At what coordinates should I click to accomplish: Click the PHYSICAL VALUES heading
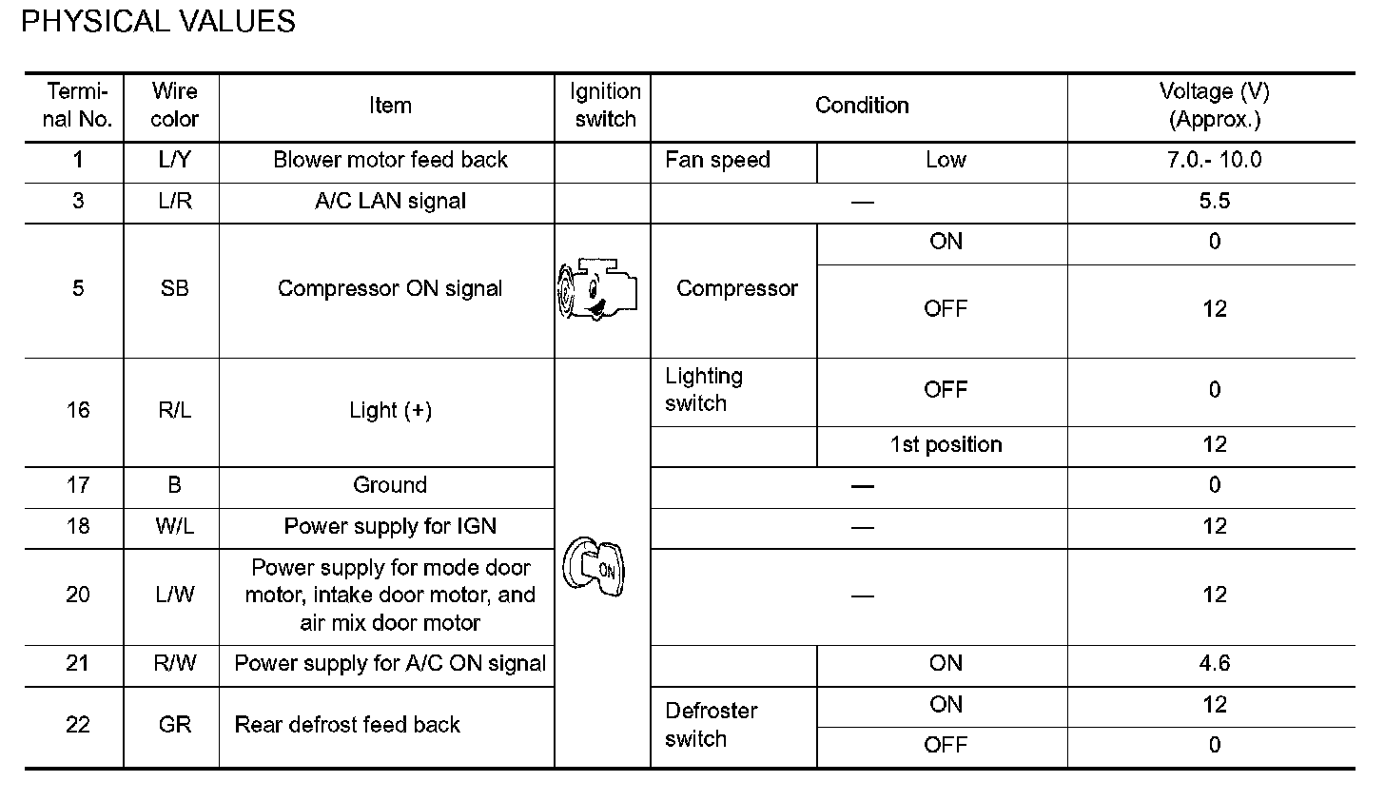pyautogui.click(x=158, y=22)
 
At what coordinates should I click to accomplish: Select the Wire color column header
pyautogui.click(x=174, y=106)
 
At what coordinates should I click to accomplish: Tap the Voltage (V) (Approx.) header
pyautogui.click(x=1214, y=106)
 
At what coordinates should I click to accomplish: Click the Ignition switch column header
pyautogui.click(x=605, y=106)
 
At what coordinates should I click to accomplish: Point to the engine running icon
pyautogui.click(x=596, y=291)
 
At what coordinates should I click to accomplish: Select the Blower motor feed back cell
pyautogui.click(x=390, y=160)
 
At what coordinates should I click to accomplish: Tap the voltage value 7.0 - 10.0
pyautogui.click(x=1214, y=160)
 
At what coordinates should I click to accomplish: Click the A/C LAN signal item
pyautogui.click(x=390, y=202)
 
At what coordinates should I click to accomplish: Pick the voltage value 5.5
pyautogui.click(x=1215, y=202)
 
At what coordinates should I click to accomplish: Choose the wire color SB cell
pyautogui.click(x=174, y=289)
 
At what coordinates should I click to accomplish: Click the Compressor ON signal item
pyautogui.click(x=390, y=289)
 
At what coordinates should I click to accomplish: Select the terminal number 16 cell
pyautogui.click(x=78, y=410)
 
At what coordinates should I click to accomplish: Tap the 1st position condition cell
pyautogui.click(x=946, y=445)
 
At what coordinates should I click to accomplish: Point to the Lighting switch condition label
pyautogui.click(x=704, y=390)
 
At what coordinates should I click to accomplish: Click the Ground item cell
pyautogui.click(x=390, y=485)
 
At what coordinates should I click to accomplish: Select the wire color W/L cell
pyautogui.click(x=174, y=527)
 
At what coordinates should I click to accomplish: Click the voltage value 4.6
pyautogui.click(x=1215, y=663)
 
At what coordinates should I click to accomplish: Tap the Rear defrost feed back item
pyautogui.click(x=347, y=725)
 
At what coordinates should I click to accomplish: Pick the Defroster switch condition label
pyautogui.click(x=711, y=725)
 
